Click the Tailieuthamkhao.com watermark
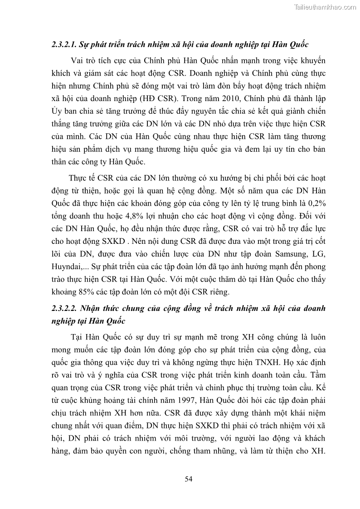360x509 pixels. [x=325, y=7]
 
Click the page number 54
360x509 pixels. [x=189, y=479]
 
